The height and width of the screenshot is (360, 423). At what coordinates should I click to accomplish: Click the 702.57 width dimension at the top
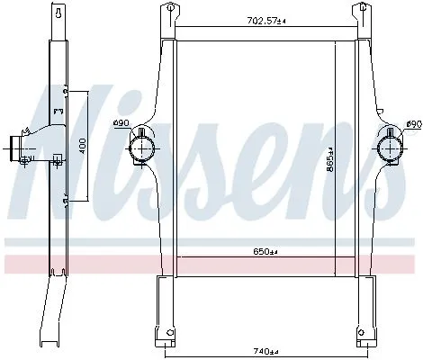[265, 19]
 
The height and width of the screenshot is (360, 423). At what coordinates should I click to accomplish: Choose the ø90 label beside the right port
[413, 123]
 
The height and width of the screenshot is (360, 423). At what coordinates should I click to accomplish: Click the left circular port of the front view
[145, 147]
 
